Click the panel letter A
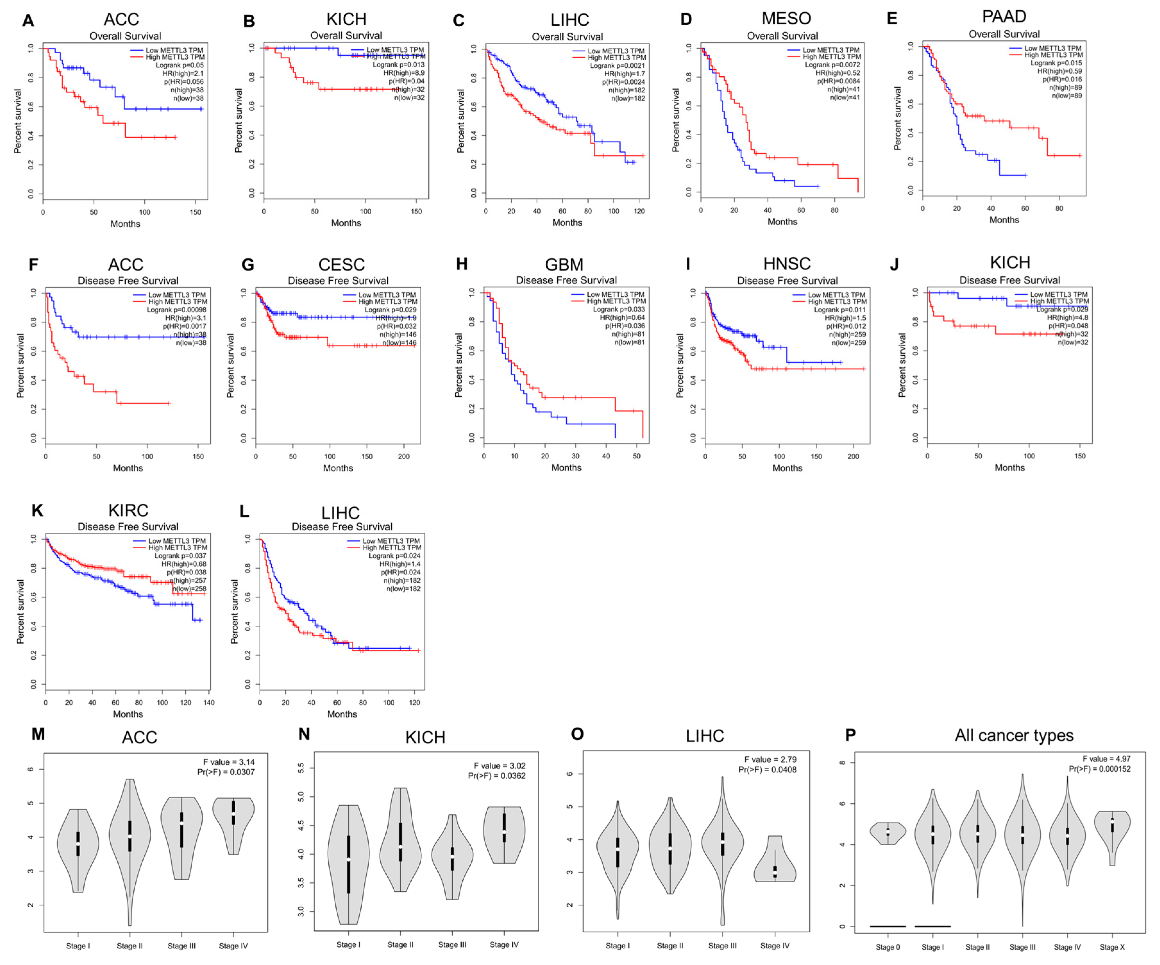(x=28, y=21)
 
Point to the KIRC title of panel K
(x=128, y=510)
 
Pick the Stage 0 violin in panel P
(x=888, y=833)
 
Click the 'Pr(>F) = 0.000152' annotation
(x=1099, y=769)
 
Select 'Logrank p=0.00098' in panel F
(x=176, y=310)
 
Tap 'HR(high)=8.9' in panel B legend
(x=404, y=73)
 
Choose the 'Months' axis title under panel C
(x=567, y=223)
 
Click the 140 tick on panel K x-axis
(x=209, y=703)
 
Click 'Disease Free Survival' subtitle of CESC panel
(x=338, y=281)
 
